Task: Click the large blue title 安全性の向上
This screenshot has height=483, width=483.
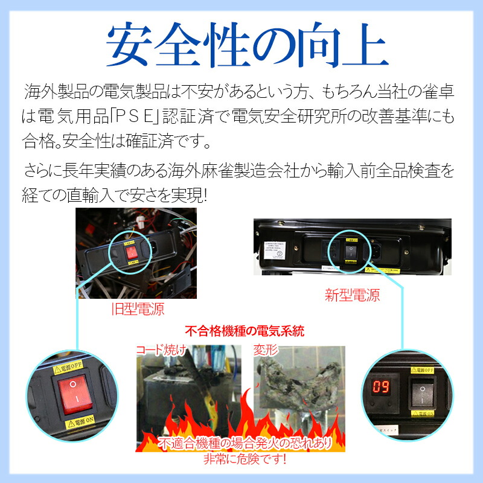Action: click(x=241, y=46)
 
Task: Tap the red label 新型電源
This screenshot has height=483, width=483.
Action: click(x=353, y=295)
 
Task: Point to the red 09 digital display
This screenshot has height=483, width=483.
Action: click(x=381, y=387)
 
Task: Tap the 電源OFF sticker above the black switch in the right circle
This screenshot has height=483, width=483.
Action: click(x=424, y=368)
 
